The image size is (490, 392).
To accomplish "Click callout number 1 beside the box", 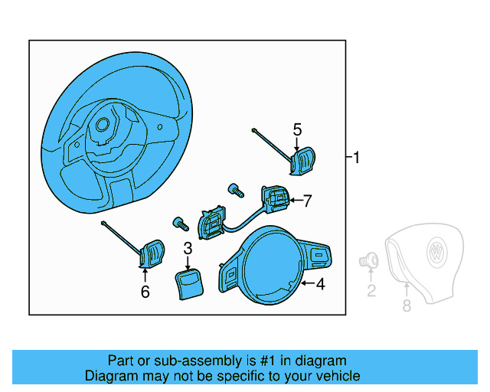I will [357, 158].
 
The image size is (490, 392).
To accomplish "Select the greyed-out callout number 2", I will [371, 290].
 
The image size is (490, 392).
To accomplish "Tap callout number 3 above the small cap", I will [188, 248].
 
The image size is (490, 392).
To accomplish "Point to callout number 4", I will [320, 285].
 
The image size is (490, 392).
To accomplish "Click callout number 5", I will [297, 130].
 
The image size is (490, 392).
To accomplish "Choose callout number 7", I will [307, 201].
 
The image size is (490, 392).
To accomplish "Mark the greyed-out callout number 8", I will [407, 305].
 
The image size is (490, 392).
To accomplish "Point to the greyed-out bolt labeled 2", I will [371, 260].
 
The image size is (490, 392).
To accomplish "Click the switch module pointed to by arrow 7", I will [273, 201].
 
